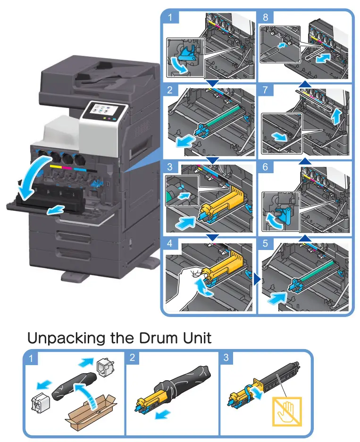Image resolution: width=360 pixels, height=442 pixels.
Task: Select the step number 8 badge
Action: click(x=265, y=19)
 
